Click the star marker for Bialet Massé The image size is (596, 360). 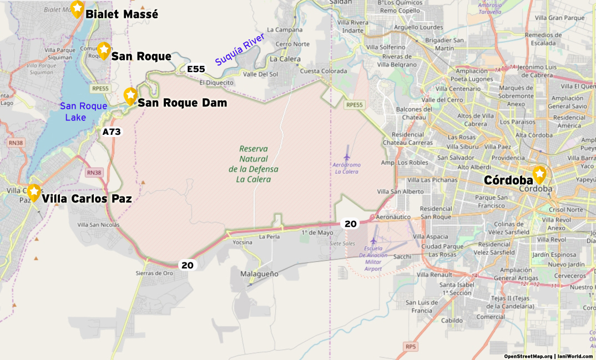click(x=77, y=8)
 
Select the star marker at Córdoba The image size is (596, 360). click(x=539, y=174)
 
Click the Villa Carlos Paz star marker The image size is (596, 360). click(x=34, y=192)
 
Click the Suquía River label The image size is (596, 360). click(x=240, y=49)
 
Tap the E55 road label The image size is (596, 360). click(x=196, y=69)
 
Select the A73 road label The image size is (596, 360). click(x=112, y=132)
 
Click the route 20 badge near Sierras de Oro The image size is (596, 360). click(x=188, y=265)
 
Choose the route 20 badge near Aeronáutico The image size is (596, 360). click(x=350, y=224)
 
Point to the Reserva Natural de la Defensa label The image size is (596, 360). click(x=253, y=164)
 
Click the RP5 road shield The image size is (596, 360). click(x=410, y=347)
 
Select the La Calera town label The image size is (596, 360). click(x=285, y=59)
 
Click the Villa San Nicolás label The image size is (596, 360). click(x=98, y=225)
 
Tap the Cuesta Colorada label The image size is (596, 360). click(x=324, y=71)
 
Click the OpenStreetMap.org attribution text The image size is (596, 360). click(x=528, y=356)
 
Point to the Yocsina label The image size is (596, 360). click(x=243, y=242)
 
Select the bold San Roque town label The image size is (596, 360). click(x=141, y=57)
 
